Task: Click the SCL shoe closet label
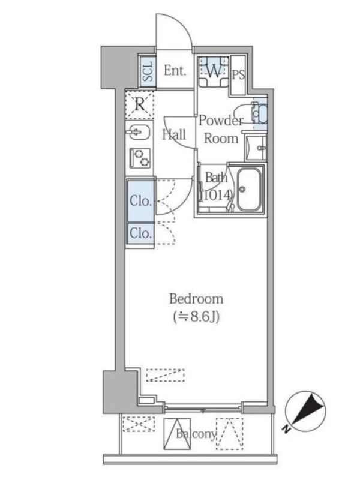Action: (x=148, y=71)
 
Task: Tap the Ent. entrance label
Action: (x=175, y=71)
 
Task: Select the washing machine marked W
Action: (x=214, y=71)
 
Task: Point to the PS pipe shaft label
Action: (x=238, y=74)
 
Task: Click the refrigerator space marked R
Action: (x=140, y=104)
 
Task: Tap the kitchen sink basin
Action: (x=138, y=133)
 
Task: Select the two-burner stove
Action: (x=140, y=158)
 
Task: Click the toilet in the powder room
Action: (x=251, y=113)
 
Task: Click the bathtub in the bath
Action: (x=250, y=190)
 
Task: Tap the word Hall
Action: (x=174, y=134)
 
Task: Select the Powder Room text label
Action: (x=221, y=130)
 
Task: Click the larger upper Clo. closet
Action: (x=140, y=201)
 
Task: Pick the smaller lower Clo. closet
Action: (x=140, y=233)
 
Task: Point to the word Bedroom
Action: (x=196, y=299)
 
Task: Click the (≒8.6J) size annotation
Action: (x=196, y=317)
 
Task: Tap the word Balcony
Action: (x=196, y=434)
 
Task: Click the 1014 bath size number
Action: (x=217, y=195)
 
